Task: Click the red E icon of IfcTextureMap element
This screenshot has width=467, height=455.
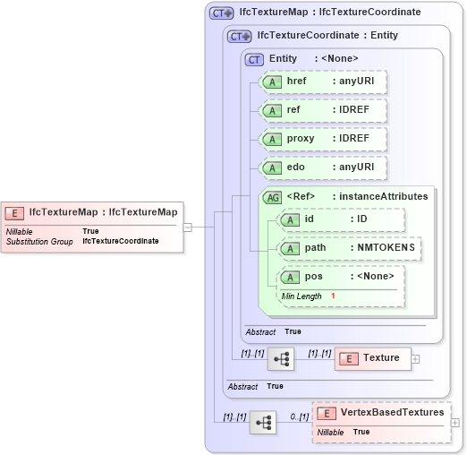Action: click(15, 212)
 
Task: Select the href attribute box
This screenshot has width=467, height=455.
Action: click(323, 82)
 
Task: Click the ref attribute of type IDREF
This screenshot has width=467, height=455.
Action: click(323, 110)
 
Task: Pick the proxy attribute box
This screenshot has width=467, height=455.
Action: click(323, 139)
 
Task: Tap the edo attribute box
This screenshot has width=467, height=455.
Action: click(323, 167)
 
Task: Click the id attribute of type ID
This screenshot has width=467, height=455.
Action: click(343, 219)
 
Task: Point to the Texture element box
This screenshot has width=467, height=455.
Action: click(372, 358)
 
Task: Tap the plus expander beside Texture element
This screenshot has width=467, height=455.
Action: click(416, 358)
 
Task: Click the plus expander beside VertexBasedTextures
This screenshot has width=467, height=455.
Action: click(455, 422)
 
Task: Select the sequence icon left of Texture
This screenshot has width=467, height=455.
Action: click(282, 358)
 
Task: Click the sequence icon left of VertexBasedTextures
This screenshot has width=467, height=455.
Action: click(262, 422)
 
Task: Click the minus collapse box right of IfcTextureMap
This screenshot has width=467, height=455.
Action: click(188, 227)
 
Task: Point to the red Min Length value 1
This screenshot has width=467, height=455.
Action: click(333, 296)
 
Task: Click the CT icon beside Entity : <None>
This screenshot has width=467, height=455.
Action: click(255, 58)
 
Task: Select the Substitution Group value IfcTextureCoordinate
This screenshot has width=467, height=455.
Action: click(121, 241)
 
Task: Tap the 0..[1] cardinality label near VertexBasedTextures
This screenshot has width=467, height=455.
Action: click(300, 417)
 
